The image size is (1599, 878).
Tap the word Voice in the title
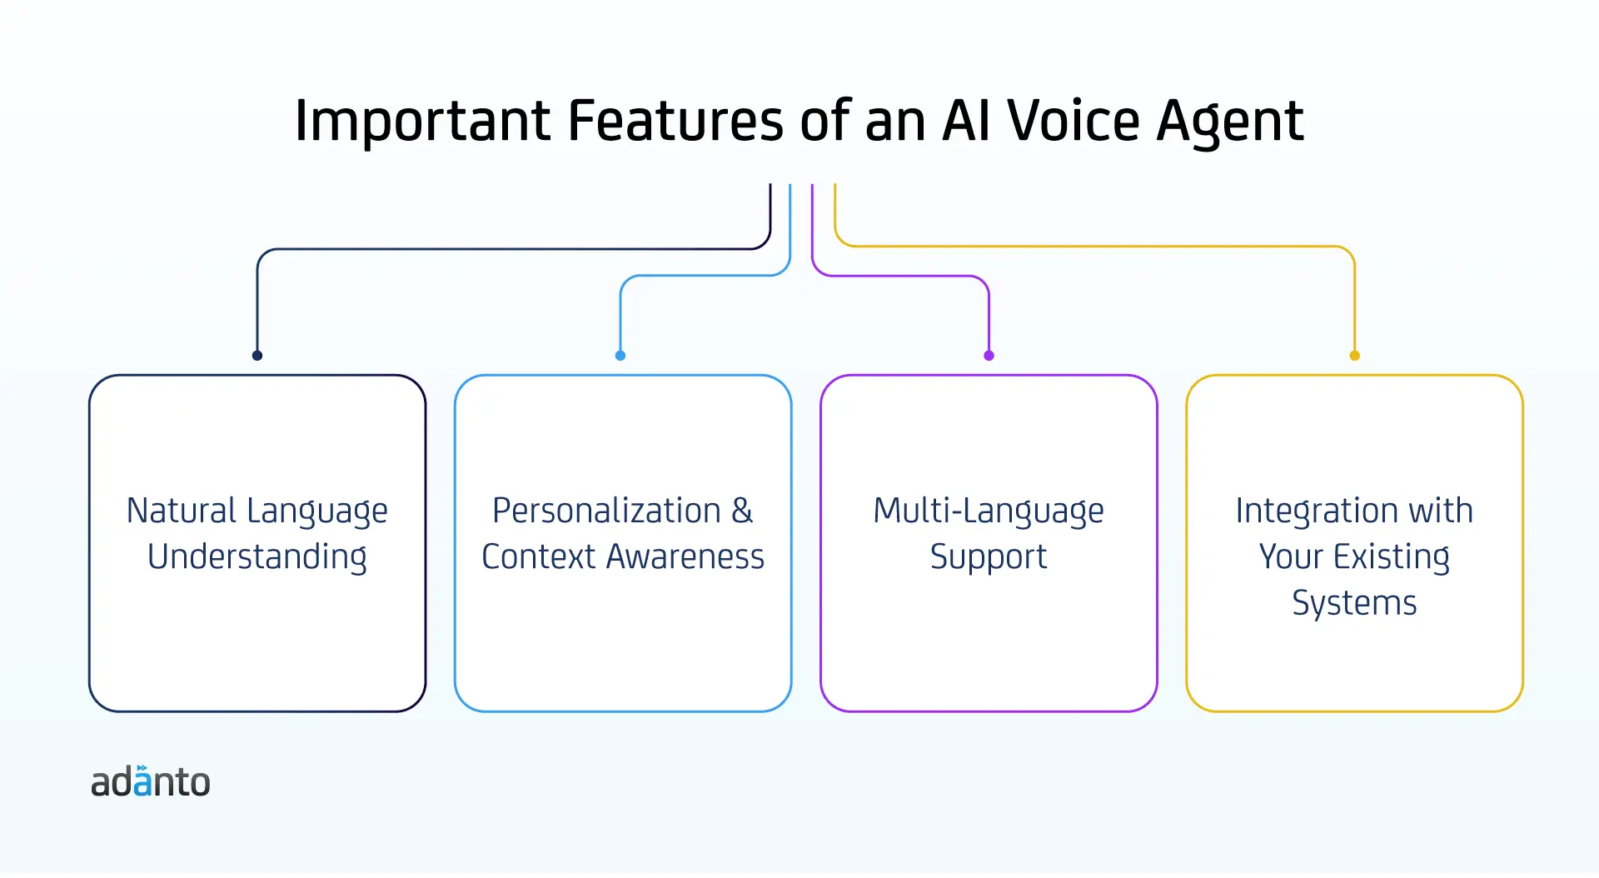pyautogui.click(x=1073, y=121)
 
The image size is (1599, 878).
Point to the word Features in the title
pyautogui.click(x=675, y=121)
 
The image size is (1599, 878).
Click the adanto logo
pyautogui.click(x=151, y=781)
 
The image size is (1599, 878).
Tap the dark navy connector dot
pyautogui.click(x=257, y=356)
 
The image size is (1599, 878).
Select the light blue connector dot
pyautogui.click(x=620, y=356)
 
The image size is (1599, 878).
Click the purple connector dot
pyautogui.click(x=989, y=356)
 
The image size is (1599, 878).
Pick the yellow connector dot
pyautogui.click(x=1355, y=356)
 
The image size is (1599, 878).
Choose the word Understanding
pyautogui.click(x=257, y=557)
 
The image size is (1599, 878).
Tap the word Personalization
pyautogui.click(x=606, y=510)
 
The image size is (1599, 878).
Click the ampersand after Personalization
pyautogui.click(x=742, y=511)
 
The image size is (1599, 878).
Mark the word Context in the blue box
pyautogui.click(x=539, y=556)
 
